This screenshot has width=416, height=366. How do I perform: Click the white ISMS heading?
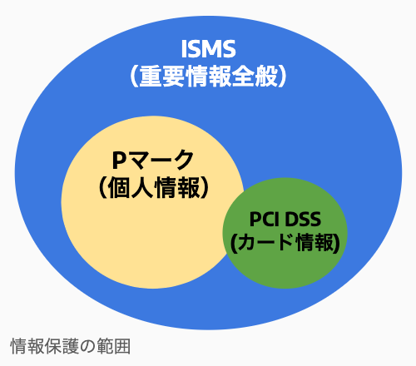point(208,49)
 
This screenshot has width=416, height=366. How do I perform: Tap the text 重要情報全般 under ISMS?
point(209,77)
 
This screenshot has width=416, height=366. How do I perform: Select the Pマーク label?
point(153,160)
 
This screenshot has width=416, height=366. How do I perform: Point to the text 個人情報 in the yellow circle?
point(154,188)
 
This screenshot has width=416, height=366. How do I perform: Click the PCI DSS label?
point(285,220)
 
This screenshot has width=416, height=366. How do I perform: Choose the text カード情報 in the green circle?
point(285,243)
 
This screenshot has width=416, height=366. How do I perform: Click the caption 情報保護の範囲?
point(71,346)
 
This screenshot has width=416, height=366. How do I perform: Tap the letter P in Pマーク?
point(119,160)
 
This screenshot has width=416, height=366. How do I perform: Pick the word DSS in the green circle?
point(303,220)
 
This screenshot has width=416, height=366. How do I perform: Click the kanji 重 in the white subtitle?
point(151,77)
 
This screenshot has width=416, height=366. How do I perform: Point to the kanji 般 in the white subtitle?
point(266,77)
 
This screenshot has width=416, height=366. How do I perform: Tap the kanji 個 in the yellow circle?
point(119,188)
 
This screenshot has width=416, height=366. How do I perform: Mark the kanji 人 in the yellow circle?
point(142,188)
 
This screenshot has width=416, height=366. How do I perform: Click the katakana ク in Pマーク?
point(183,160)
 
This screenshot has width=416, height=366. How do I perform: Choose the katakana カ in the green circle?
point(247,243)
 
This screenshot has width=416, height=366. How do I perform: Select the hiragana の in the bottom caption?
point(87,347)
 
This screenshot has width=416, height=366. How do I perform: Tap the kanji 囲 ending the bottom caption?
point(122,346)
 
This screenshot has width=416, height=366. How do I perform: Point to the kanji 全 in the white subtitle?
point(243,77)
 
